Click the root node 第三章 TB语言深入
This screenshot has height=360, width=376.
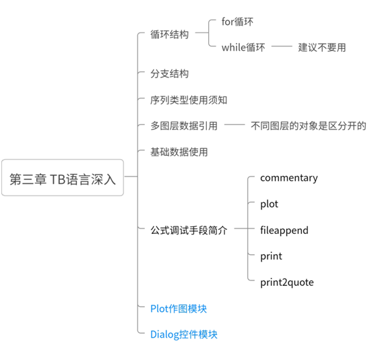pos(63,178)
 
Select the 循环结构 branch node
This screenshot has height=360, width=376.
pos(169,34)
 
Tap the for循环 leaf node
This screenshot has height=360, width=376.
pos(237,22)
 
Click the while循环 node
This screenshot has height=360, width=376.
pos(243,47)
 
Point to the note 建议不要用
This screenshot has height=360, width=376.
pos(322,47)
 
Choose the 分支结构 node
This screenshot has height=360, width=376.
pos(169,73)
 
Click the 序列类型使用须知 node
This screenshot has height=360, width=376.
pos(189,100)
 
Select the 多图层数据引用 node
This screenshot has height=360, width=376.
pos(184,125)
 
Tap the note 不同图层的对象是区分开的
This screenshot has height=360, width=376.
pos(309,125)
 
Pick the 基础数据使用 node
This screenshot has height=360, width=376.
pos(179,152)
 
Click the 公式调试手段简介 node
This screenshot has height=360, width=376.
pos(189,230)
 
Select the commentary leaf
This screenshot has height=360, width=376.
pos(289,178)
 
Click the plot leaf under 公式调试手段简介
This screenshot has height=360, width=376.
pos(269,204)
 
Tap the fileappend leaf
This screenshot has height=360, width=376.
pos(284,231)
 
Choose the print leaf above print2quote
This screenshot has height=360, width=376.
pos(271,256)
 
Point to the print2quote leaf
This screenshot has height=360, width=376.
pos(287,282)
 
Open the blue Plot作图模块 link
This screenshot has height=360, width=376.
pos(179,309)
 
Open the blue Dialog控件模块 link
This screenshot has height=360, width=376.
pos(184,334)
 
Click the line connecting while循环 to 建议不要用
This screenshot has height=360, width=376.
pos(282,46)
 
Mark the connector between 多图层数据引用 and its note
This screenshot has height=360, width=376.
pos(234,125)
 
